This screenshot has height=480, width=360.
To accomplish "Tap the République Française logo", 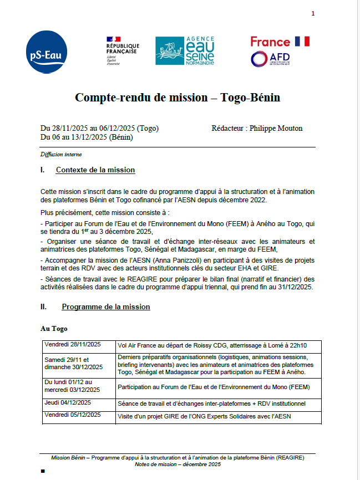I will point(123,51).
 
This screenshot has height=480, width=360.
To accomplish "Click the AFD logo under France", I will point(270,59).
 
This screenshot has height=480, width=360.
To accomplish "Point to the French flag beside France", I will point(302,41).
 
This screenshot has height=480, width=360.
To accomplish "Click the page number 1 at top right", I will point(313,13).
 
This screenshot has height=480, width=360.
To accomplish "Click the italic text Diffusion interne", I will point(61,154).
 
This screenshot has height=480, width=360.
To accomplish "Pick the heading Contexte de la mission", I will point(95,170).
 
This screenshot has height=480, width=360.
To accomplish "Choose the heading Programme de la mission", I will point(105,307).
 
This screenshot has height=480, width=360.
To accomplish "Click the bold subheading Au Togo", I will point(54,329).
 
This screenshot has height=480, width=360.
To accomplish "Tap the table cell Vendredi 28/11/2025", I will point(68,344).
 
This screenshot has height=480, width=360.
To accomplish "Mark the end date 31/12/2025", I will point(295,288).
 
